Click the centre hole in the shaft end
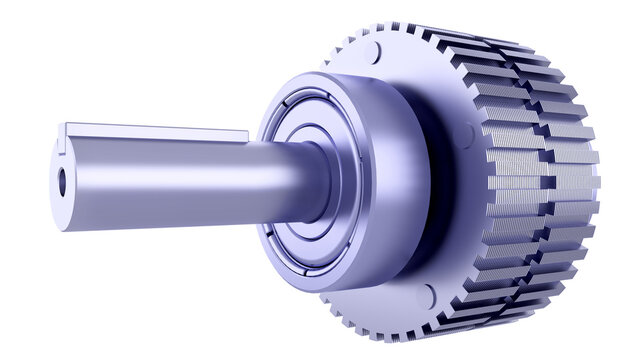pos(62,182)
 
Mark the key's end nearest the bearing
pos(243,135)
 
